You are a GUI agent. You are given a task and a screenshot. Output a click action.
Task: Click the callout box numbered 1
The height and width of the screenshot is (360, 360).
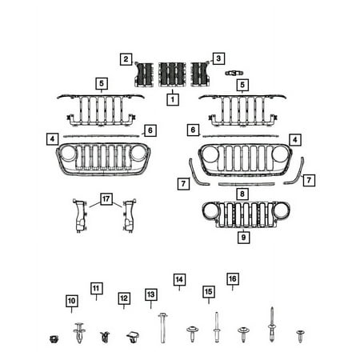coord(173,99)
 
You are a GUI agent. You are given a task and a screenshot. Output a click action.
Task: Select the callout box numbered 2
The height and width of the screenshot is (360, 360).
coord(126,59)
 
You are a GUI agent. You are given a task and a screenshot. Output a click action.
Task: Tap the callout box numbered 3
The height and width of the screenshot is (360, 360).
coord(218,58)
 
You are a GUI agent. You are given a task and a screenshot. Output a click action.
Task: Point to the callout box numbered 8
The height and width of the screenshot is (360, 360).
coord(242,194)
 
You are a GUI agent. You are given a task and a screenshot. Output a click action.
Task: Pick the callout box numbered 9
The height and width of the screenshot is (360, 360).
coord(243,237)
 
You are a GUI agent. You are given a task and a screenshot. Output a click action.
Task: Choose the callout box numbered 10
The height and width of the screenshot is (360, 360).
coord(71,301)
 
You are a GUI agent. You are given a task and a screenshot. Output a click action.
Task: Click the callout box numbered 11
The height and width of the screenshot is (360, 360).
coord(96,288)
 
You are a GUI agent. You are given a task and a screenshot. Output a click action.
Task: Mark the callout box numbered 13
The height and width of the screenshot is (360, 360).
coord(150,294)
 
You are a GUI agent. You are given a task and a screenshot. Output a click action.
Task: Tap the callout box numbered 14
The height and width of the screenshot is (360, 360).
coord(179,279)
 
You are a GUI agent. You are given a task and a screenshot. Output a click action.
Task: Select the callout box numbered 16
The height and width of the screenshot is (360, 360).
coord(233,279)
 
